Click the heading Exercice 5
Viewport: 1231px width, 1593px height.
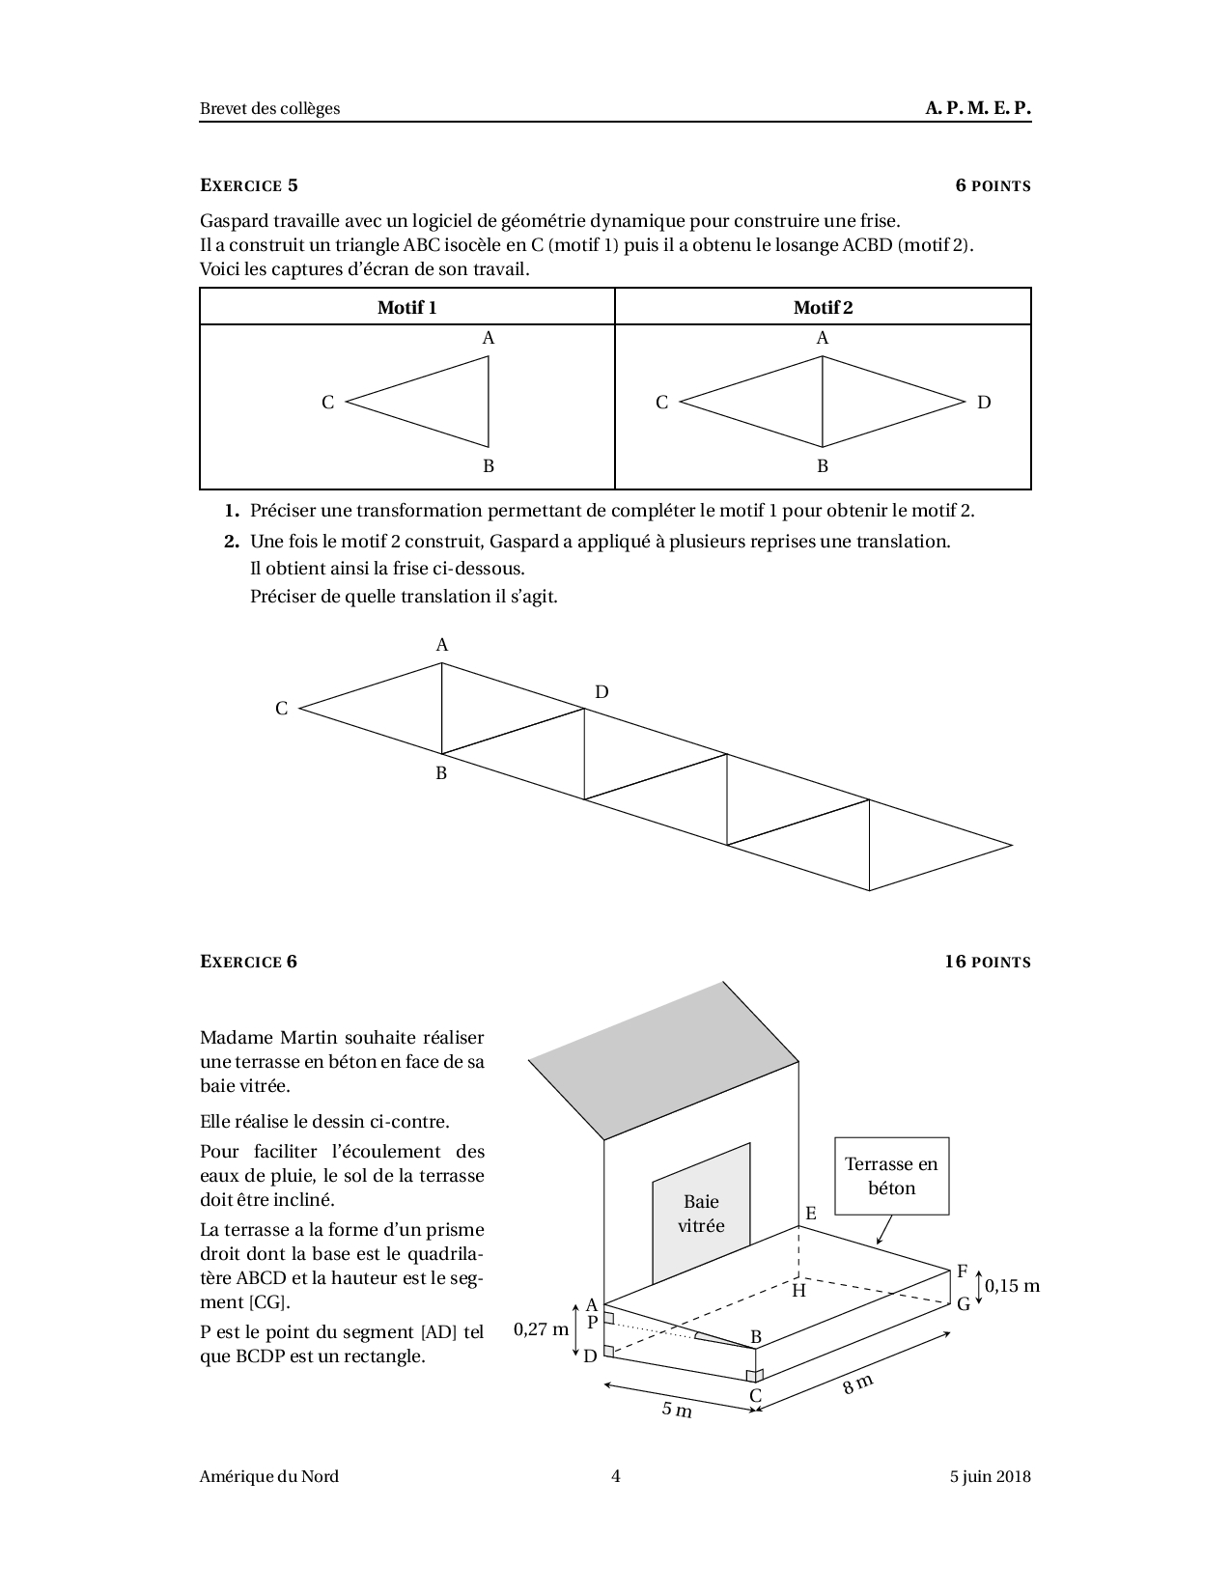[248, 185]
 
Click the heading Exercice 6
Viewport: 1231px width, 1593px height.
[248, 962]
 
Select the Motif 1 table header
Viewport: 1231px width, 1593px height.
[406, 308]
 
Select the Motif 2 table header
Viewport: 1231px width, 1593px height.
[823, 308]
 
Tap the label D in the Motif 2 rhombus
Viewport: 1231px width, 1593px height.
[984, 403]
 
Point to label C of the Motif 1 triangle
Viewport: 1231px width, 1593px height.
[327, 403]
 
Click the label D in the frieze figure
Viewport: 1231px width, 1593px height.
[602, 692]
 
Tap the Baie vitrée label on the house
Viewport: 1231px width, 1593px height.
[701, 1214]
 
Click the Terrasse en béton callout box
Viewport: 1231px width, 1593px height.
[891, 1176]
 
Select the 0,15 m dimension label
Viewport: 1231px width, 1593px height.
[1012, 1286]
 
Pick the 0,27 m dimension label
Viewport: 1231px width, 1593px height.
[542, 1329]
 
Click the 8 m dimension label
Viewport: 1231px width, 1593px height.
[857, 1383]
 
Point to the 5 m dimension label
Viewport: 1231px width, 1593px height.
[677, 1410]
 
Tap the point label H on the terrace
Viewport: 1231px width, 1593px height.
[798, 1291]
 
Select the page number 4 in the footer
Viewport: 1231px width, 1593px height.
[615, 1476]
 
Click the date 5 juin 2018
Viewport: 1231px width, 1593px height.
[990, 1476]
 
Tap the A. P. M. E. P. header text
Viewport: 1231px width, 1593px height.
[977, 108]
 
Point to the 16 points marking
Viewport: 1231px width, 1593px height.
[987, 962]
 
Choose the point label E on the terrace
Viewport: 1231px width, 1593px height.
[810, 1214]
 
